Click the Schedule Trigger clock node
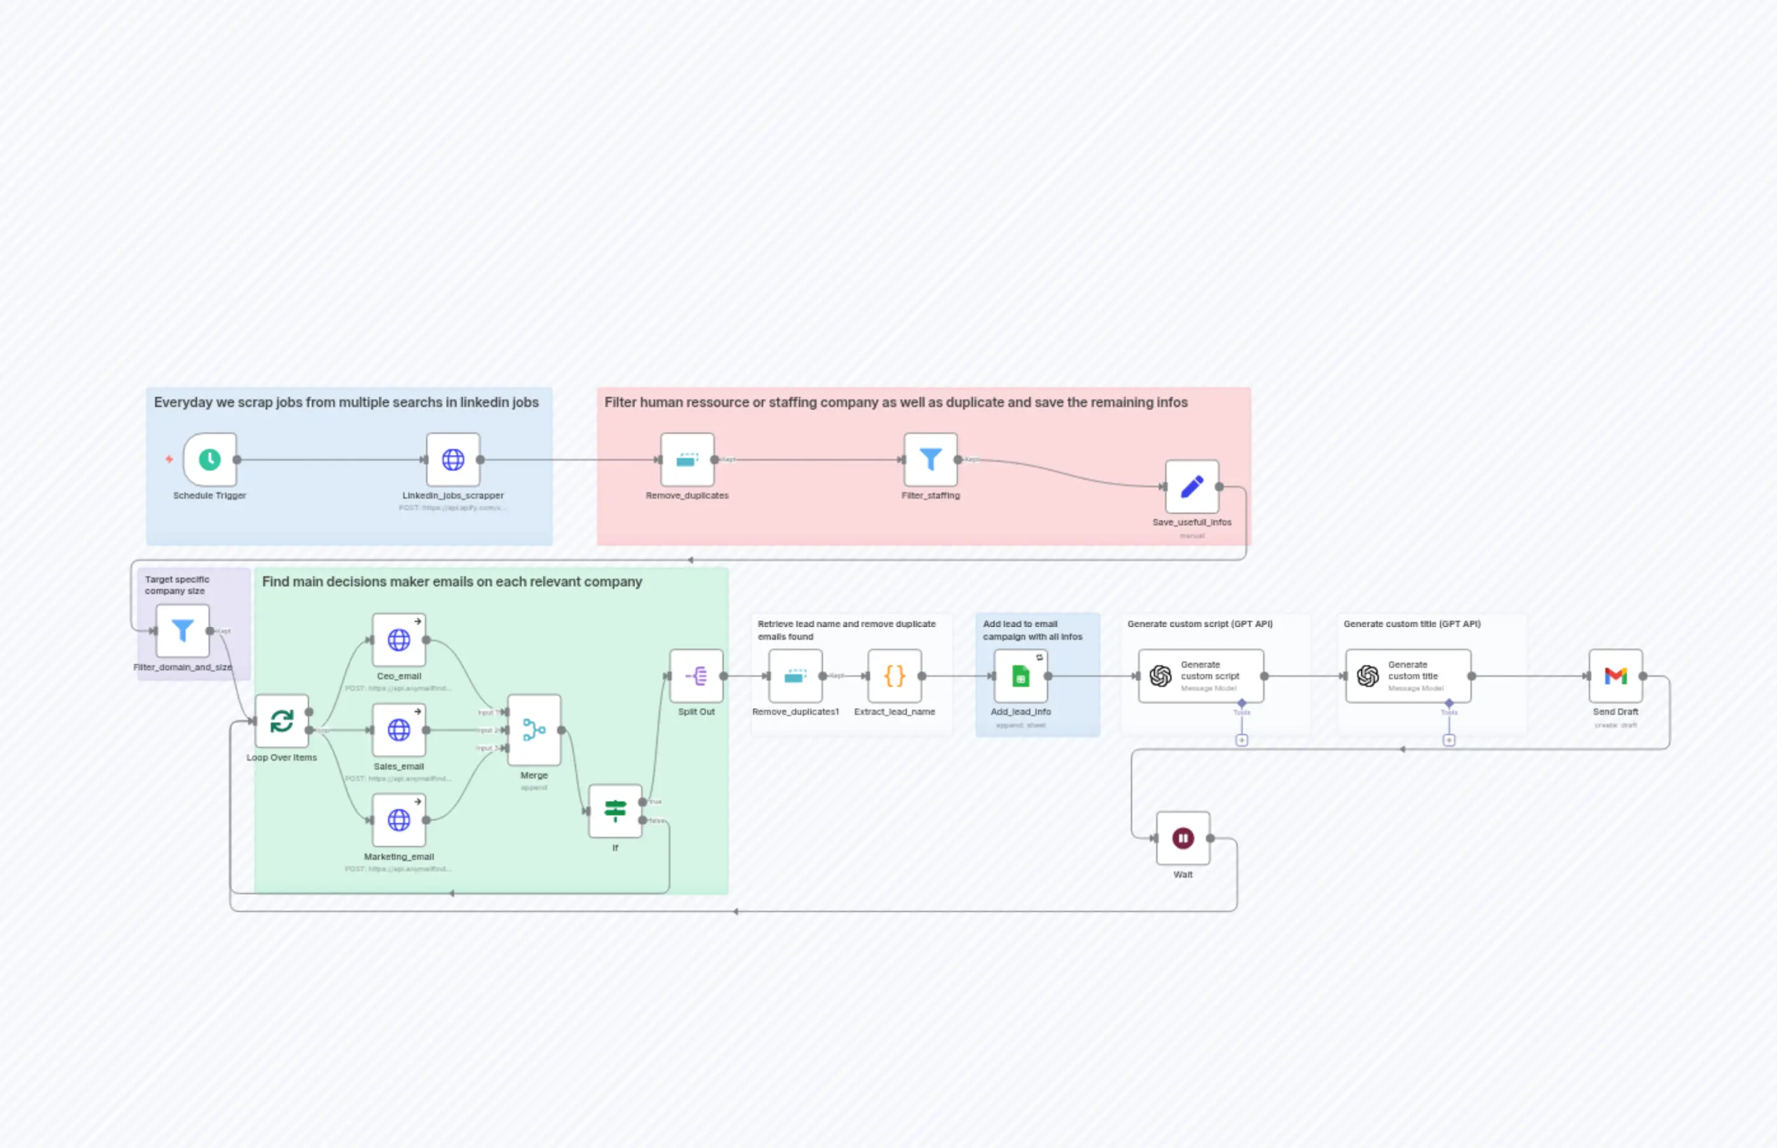click(x=210, y=459)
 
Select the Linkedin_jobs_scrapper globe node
click(x=453, y=459)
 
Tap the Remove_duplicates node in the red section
click(x=688, y=459)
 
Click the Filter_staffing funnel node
click(x=930, y=459)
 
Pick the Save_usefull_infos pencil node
click(x=1192, y=487)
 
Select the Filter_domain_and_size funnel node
click(x=183, y=631)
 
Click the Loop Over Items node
click(x=282, y=721)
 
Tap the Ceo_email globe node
click(x=399, y=640)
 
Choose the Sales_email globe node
click(x=399, y=730)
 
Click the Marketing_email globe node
click(x=399, y=820)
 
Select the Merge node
click(x=534, y=730)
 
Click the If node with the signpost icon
click(x=615, y=810)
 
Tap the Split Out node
click(x=696, y=676)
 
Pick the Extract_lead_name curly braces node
click(x=894, y=676)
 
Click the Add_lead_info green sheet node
click(x=1020, y=676)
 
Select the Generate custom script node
click(x=1201, y=676)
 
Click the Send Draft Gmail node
click(x=1615, y=676)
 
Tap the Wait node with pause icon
click(x=1183, y=838)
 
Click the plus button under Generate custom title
click(x=1448, y=740)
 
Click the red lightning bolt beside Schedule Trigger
click(x=169, y=459)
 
